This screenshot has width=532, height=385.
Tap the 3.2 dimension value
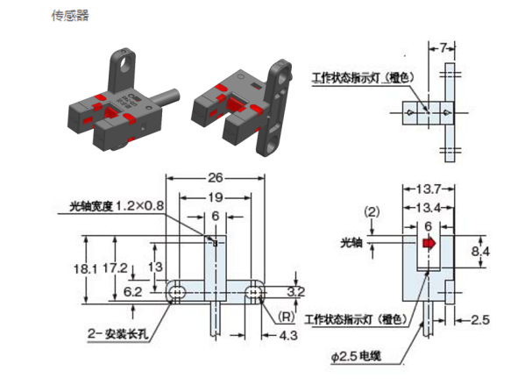pos(295,289)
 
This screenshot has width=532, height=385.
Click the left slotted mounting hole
pos(176,290)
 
